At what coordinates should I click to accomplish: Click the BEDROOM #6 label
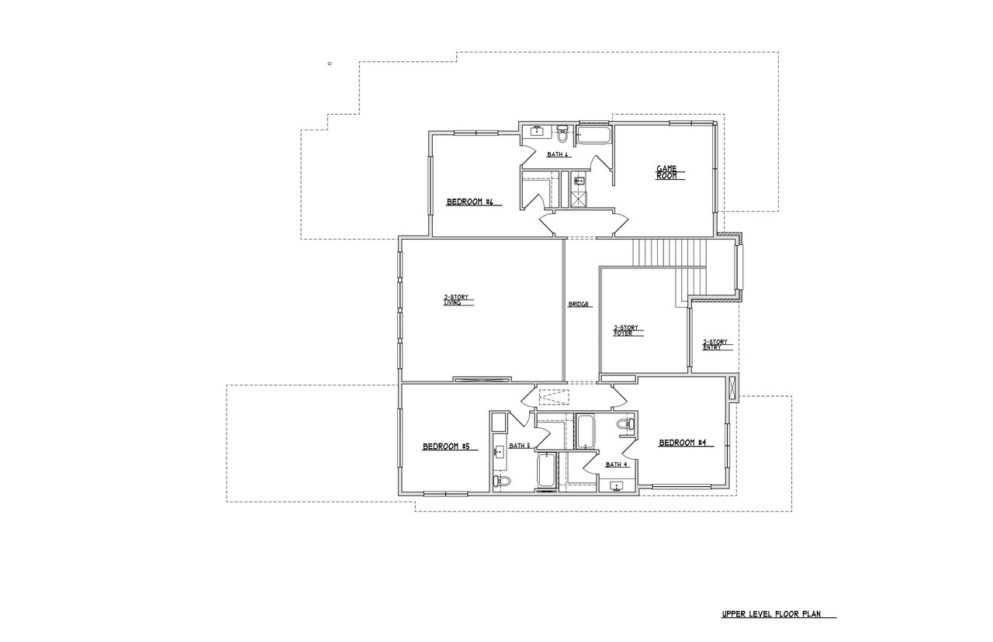point(470,202)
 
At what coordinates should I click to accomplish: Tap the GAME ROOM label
point(667,172)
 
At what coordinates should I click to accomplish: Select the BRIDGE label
point(580,305)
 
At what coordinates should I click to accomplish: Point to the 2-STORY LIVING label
point(457,300)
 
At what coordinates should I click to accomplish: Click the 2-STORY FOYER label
point(626,330)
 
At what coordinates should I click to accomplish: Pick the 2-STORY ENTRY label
point(714,344)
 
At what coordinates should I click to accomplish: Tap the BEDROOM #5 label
point(446,447)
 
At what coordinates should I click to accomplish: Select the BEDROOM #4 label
point(682,443)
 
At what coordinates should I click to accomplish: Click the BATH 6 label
point(558,154)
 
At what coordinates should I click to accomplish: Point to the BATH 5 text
point(519,446)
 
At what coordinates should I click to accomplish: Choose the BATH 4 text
point(617,464)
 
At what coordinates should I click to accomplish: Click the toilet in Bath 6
point(564,133)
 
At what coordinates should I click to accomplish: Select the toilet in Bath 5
point(503,481)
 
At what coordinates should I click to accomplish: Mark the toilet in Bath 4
point(625,424)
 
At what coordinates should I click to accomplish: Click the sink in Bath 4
point(618,486)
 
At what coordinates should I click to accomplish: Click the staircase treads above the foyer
point(670,253)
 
